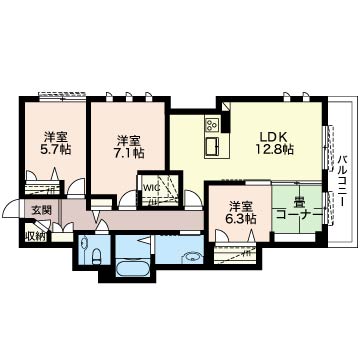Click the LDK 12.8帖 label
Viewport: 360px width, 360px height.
[275, 143]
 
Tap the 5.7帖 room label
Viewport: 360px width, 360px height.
[56, 143]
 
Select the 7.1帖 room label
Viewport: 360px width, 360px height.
[129, 147]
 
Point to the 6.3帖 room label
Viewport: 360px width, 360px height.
[241, 213]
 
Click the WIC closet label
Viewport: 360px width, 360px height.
[149, 187]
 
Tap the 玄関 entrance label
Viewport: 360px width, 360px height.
[41, 210]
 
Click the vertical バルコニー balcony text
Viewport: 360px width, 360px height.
[341, 180]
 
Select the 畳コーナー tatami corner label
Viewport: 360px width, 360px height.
[299, 209]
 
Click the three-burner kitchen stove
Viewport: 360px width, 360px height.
[211, 125]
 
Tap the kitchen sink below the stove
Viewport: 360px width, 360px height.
[212, 147]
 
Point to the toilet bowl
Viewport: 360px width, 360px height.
[96, 256]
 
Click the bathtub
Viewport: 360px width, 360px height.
[132, 267]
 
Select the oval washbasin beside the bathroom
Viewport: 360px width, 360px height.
[191, 257]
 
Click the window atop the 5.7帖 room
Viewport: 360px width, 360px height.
[62, 96]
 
